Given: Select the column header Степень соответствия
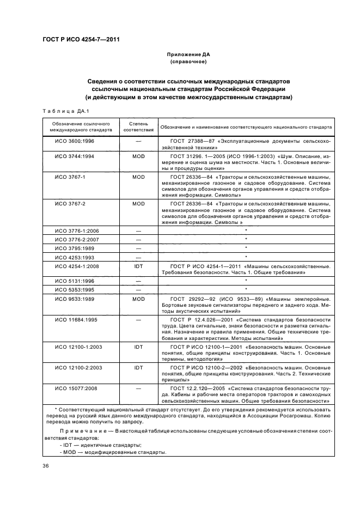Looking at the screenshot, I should click(x=138, y=127).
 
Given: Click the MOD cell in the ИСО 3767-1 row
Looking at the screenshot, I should click(x=138, y=178).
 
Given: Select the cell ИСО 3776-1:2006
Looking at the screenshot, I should click(x=77, y=230).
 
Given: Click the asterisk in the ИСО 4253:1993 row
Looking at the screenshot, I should click(x=246, y=257).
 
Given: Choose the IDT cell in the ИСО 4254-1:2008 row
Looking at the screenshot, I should click(x=138, y=266).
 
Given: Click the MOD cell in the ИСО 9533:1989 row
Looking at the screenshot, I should click(x=138, y=299).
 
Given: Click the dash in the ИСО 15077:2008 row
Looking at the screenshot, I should click(x=138, y=388).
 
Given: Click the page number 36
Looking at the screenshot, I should click(x=46, y=465).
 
